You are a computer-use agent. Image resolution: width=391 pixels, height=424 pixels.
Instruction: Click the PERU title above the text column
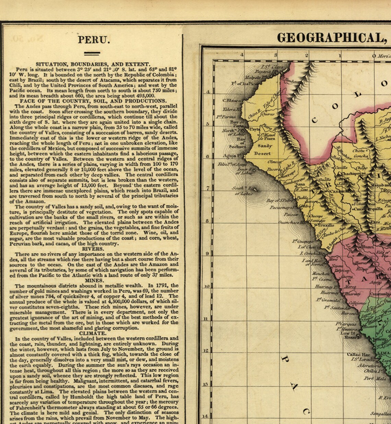click(x=94, y=40)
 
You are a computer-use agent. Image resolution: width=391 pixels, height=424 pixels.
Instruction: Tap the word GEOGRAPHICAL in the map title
click(x=331, y=38)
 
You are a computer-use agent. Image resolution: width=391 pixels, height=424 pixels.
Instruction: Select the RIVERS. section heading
click(x=93, y=249)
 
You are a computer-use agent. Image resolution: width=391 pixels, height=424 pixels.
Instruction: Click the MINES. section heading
click(x=94, y=280)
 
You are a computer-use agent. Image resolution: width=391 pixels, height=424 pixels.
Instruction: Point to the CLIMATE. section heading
click(x=93, y=333)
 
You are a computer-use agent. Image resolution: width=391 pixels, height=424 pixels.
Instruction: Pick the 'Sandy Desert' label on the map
click(x=262, y=150)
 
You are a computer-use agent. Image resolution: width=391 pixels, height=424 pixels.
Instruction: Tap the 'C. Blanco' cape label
click(x=232, y=101)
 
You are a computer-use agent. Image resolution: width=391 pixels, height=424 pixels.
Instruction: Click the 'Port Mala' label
click(x=374, y=378)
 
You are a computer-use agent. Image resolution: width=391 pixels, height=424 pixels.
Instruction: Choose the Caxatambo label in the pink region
click(x=380, y=294)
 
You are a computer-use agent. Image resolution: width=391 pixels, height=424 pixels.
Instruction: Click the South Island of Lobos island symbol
click(x=250, y=188)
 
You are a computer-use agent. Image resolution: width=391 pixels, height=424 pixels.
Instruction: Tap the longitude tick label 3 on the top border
click(x=275, y=55)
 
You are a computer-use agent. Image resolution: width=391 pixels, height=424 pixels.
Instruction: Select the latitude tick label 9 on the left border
click(x=207, y=254)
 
